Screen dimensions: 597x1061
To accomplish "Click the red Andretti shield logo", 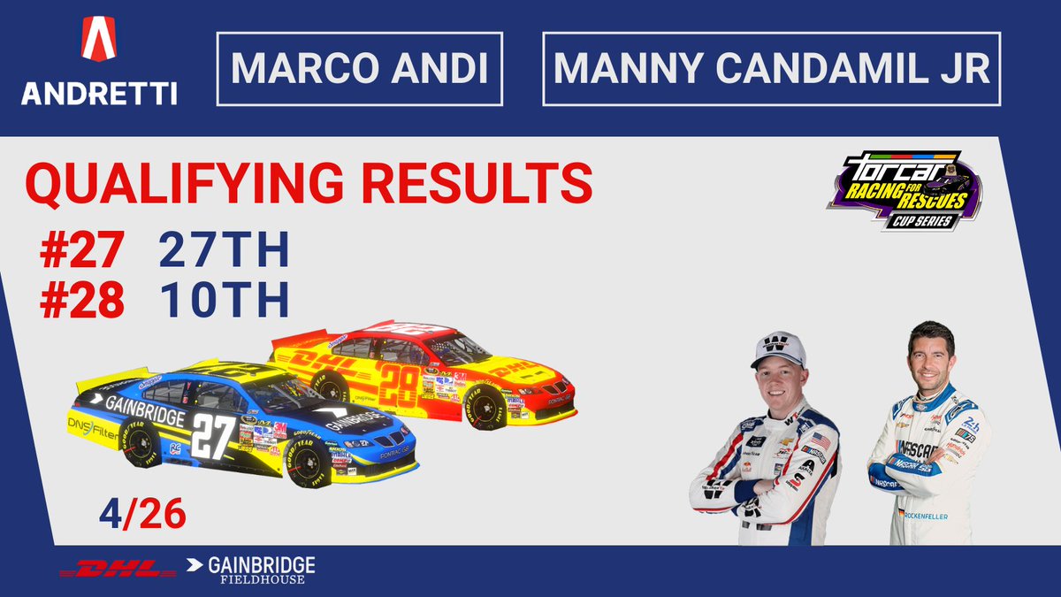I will click(98, 40).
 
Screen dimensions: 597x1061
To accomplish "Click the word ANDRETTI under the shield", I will click(98, 92).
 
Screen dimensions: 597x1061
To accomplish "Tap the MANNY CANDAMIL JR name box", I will click(771, 69).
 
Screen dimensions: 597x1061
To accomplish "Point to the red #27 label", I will click(80, 251).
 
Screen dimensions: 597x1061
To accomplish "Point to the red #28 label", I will click(80, 302).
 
